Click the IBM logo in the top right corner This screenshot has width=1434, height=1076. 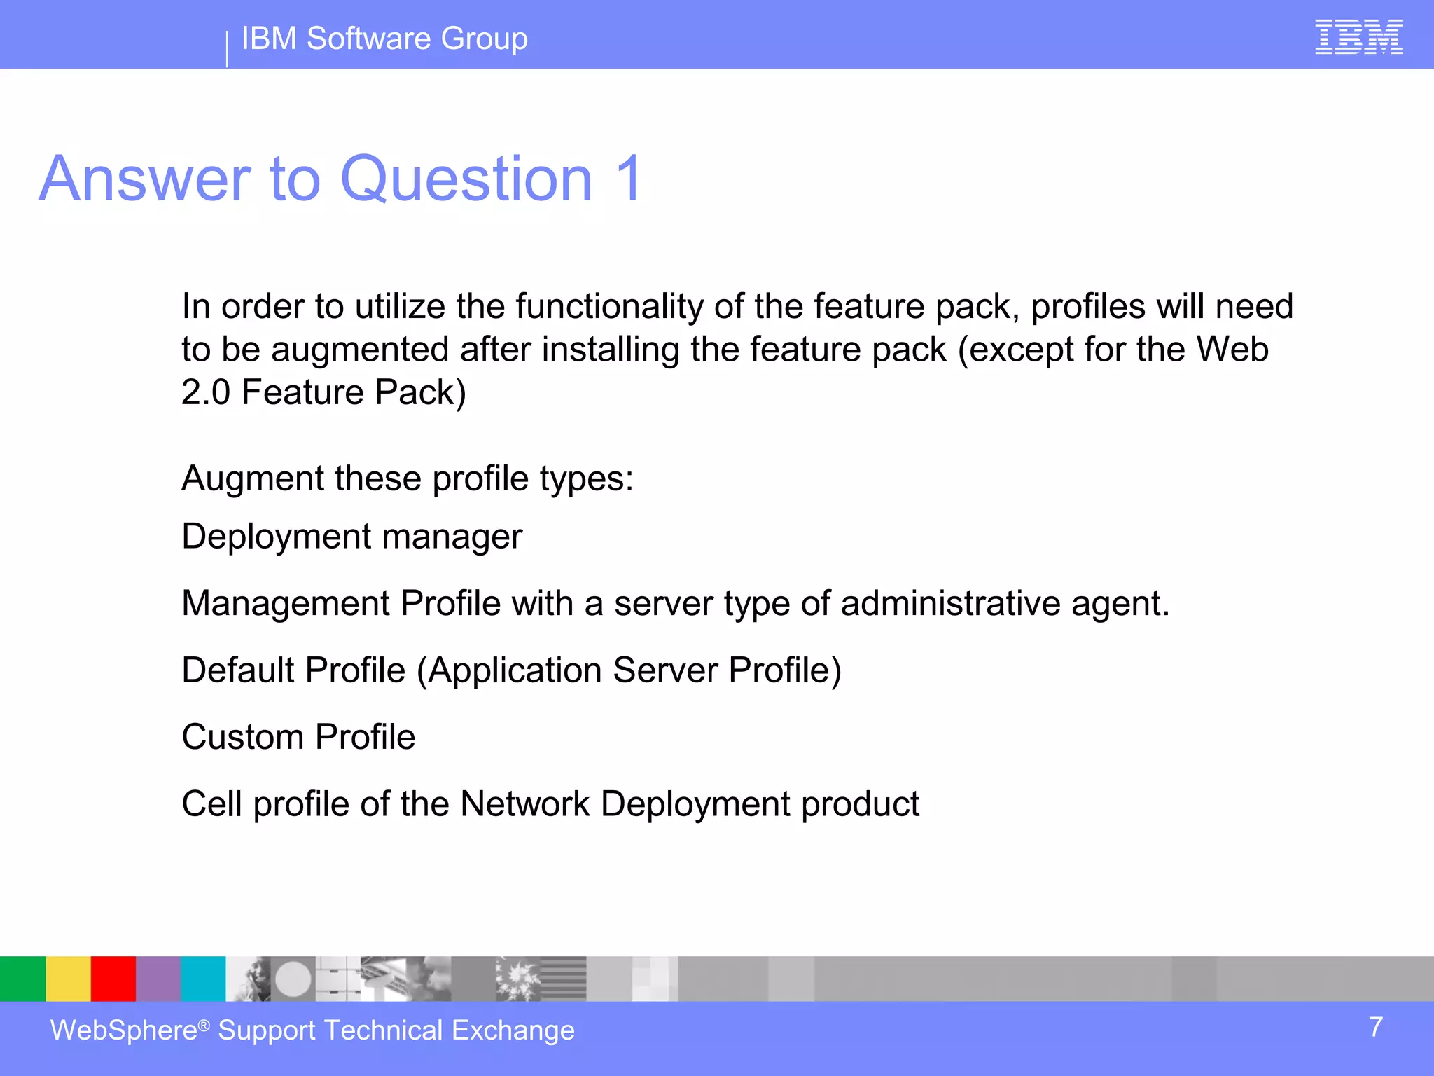pos(1358,37)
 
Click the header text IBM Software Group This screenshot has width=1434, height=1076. pos(384,39)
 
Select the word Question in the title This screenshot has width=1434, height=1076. pos(466,179)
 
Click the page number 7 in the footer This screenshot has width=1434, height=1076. pos(1375,1028)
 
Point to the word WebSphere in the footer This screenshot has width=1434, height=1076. pos(124,1030)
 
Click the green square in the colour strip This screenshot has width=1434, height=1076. pos(22,979)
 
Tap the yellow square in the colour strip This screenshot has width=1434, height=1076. pos(68,979)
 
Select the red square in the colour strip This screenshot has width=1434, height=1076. pos(113,979)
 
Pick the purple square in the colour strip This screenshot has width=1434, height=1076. pos(158,979)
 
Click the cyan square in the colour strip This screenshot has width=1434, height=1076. pos(203,979)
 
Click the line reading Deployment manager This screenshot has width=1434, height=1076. pos(351,537)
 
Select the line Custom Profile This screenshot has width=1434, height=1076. pos(298,737)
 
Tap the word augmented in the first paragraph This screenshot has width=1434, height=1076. pos(360,350)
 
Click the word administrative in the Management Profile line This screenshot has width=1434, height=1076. pos(950,603)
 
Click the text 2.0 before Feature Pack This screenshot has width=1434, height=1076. pos(205,392)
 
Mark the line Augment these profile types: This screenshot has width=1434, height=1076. pos(407,479)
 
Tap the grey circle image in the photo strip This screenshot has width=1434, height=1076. pos(293,979)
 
